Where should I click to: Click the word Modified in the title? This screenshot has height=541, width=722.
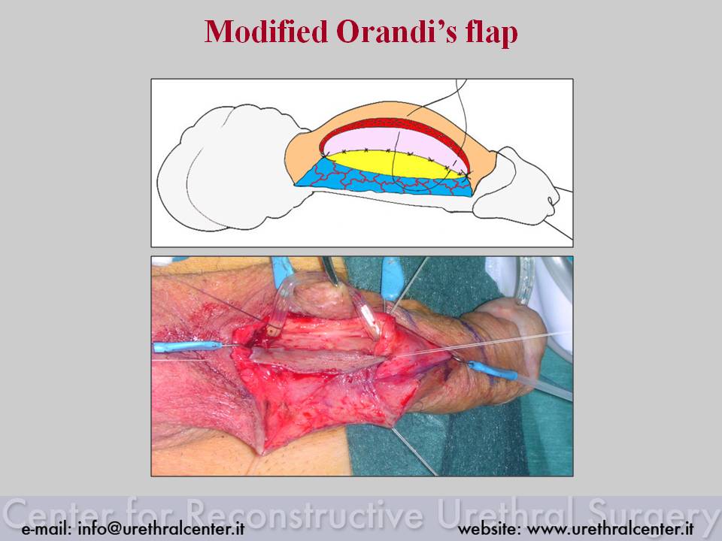point(265,32)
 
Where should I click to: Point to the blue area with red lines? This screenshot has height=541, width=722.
point(382,182)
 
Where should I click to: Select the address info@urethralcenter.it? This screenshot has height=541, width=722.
point(161,528)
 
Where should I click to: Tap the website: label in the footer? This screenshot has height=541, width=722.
point(489,528)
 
